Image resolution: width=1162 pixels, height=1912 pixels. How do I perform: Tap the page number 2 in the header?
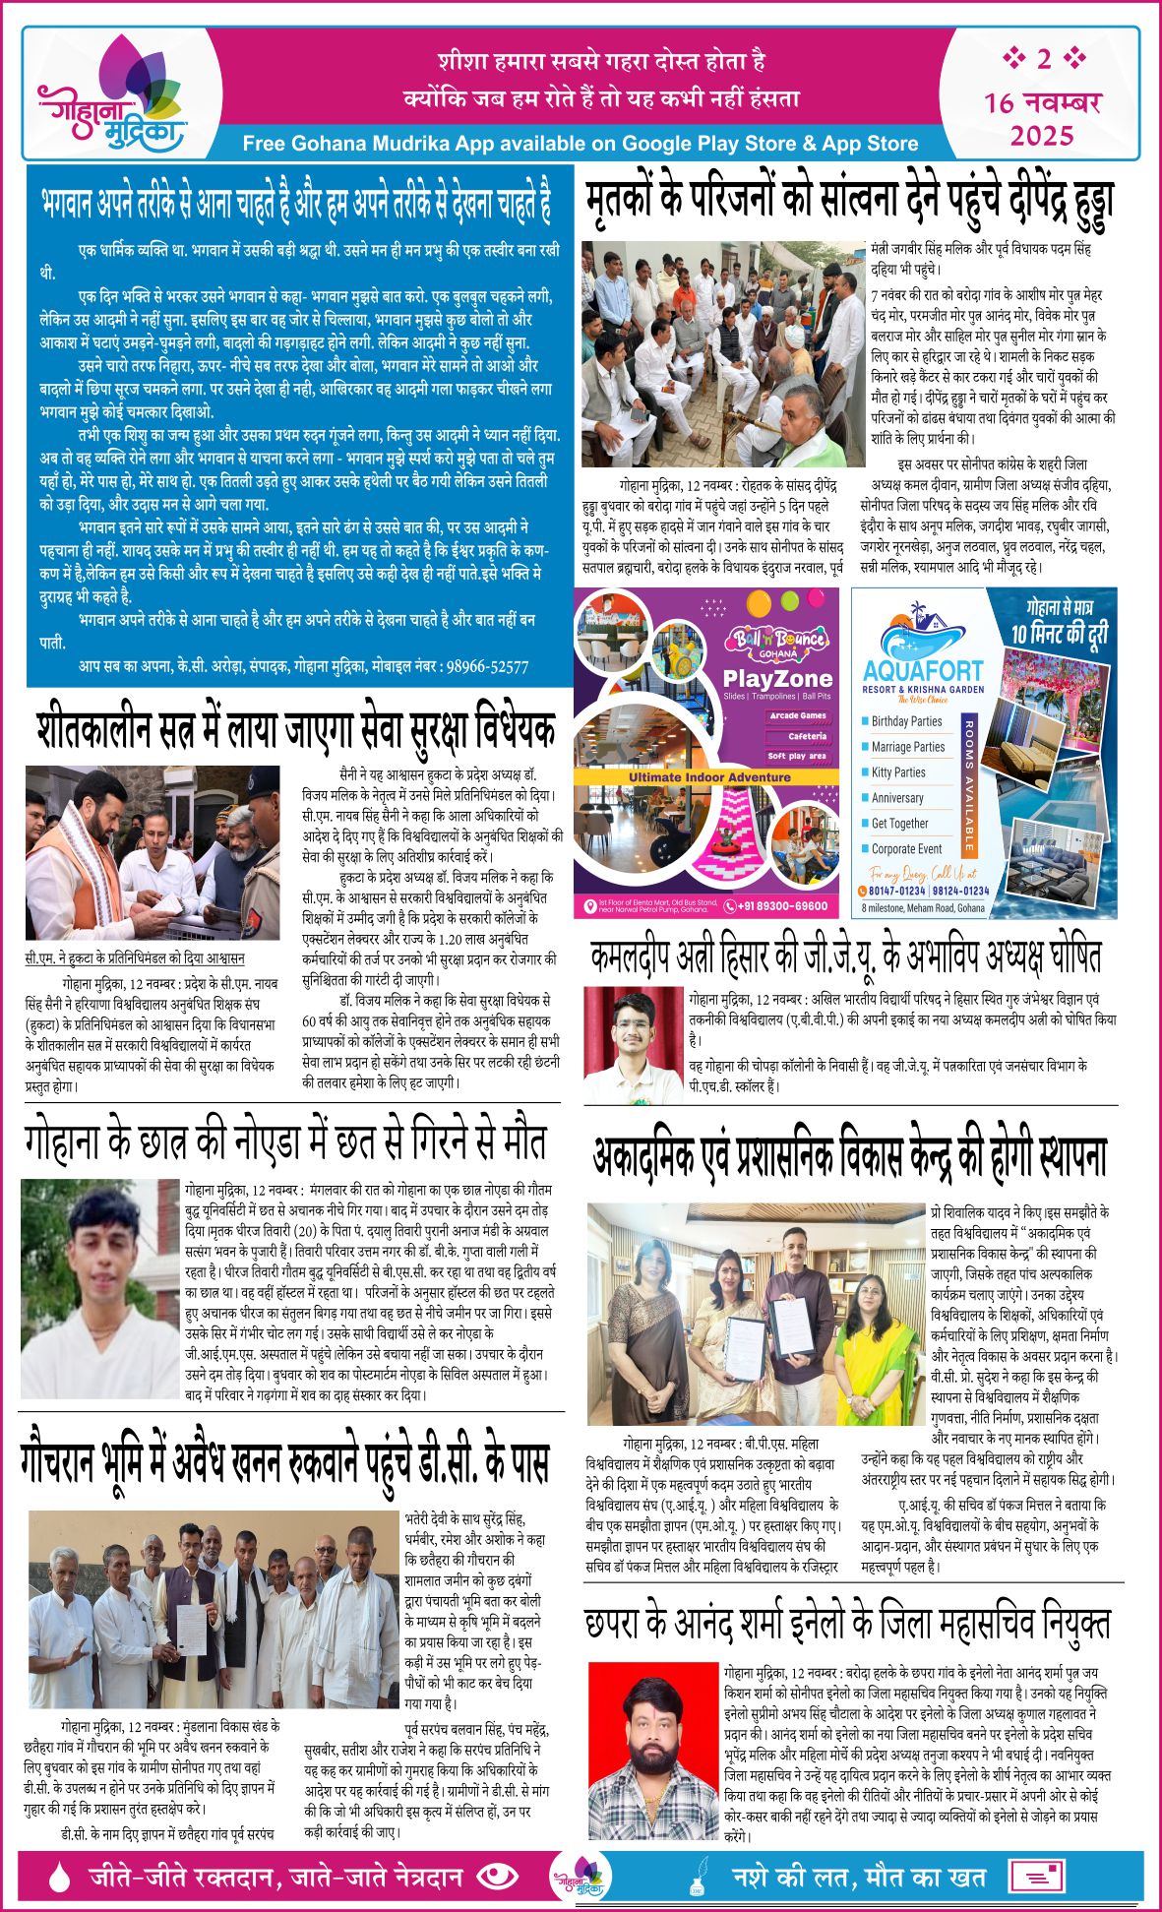pyautogui.click(x=1043, y=59)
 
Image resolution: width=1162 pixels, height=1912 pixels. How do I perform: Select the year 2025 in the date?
pyautogui.click(x=1042, y=135)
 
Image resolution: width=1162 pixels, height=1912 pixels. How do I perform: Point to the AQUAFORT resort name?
pyautogui.click(x=923, y=670)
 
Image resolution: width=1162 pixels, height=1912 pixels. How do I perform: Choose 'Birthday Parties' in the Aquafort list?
pyautogui.click(x=906, y=721)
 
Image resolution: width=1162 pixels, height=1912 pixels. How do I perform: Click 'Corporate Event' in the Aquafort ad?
pyautogui.click(x=906, y=848)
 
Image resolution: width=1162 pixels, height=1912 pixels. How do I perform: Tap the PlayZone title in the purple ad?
pyautogui.click(x=777, y=678)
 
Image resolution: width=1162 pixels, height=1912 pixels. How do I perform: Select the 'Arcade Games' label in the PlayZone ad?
pyautogui.click(x=798, y=715)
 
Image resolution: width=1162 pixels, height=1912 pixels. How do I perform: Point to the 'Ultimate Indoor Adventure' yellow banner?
pyautogui.click(x=709, y=777)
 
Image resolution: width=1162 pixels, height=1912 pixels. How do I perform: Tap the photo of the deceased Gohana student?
pyautogui.click(x=98, y=1287)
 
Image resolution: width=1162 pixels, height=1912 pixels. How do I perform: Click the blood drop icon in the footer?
pyautogui.click(x=60, y=1878)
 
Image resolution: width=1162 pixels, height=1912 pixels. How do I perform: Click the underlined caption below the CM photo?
pyautogui.click(x=135, y=957)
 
